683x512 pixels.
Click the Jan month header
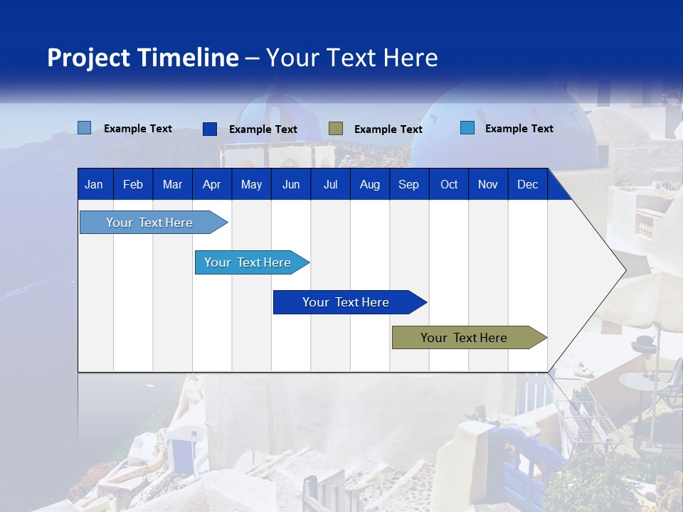pyautogui.click(x=95, y=184)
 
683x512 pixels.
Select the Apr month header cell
pyautogui.click(x=212, y=184)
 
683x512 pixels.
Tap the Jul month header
pyautogui.click(x=330, y=184)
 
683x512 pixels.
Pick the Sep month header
pyautogui.click(x=409, y=184)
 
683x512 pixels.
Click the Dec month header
pyautogui.click(x=527, y=184)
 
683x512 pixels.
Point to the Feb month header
pyautogui.click(x=133, y=184)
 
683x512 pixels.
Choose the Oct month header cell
pyautogui.click(x=449, y=184)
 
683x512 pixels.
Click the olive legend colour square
pyautogui.click(x=336, y=129)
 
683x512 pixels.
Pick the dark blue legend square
pyautogui.click(x=210, y=129)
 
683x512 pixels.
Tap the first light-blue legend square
pyautogui.click(x=85, y=128)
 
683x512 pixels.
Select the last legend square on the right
pyautogui.click(x=467, y=128)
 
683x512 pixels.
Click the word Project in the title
pyautogui.click(x=88, y=58)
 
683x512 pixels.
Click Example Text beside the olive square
pyautogui.click(x=388, y=129)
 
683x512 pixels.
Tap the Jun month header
pyautogui.click(x=291, y=184)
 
